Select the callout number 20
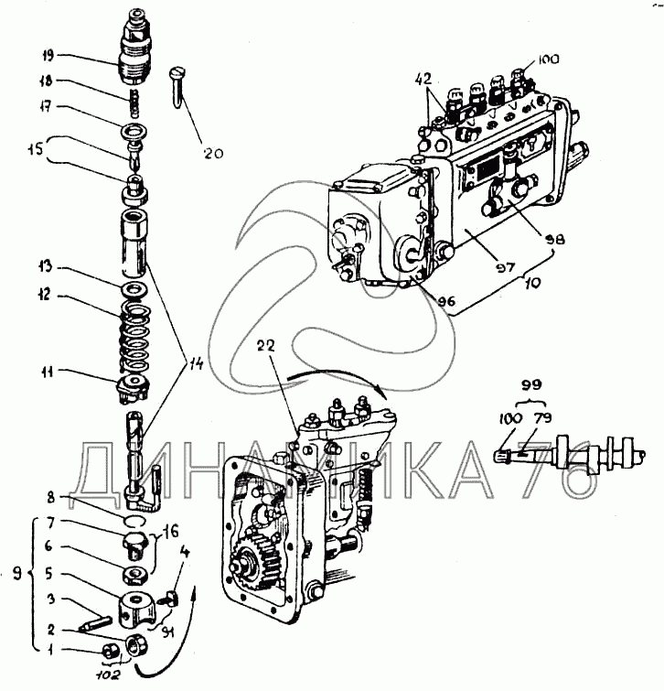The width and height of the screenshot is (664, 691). click(212, 153)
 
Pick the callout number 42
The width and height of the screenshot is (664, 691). click(423, 80)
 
